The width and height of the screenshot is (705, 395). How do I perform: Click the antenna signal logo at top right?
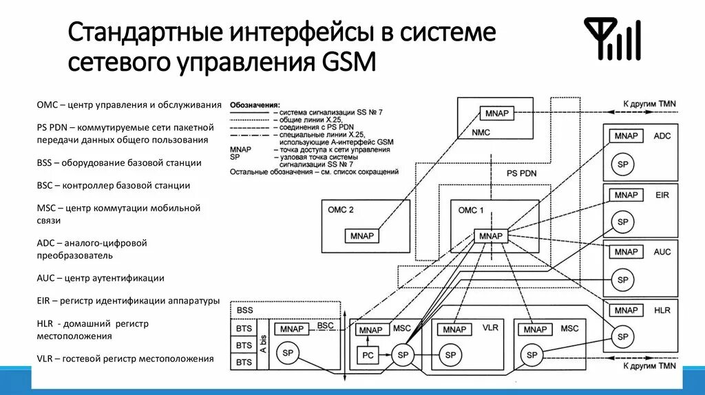coord(612,39)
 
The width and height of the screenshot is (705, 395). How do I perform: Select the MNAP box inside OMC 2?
coord(361,236)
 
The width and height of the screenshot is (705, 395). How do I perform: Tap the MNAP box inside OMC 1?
coord(490,236)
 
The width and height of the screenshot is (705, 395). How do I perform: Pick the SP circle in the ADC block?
coord(623,165)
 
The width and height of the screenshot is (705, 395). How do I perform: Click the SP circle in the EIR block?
coord(623,222)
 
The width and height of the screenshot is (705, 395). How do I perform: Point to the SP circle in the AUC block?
coord(623,280)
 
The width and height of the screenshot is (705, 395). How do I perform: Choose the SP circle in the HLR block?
coord(623,337)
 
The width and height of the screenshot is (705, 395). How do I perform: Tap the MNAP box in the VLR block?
coord(454,330)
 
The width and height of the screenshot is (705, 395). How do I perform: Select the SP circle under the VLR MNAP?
coord(450,355)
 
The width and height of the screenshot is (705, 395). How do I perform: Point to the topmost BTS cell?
coord(244,329)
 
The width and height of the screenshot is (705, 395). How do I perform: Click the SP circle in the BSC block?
coord(287,353)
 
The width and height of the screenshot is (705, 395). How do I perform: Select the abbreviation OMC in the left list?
coord(47,105)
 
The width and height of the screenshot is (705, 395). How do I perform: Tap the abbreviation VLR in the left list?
coord(46,359)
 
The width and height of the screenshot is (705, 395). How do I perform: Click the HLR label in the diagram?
coord(662,310)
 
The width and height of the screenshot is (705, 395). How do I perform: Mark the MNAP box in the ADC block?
coord(627,136)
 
